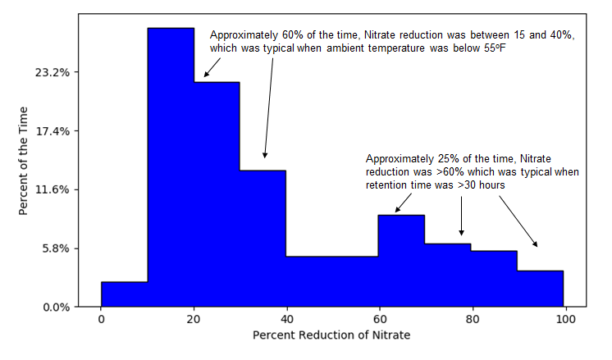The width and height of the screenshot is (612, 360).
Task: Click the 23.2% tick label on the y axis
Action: click(x=53, y=72)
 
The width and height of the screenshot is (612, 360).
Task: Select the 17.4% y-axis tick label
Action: click(x=53, y=131)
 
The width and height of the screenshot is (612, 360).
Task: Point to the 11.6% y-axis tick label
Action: click(x=53, y=190)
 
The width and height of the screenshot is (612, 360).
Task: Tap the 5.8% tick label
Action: click(x=56, y=248)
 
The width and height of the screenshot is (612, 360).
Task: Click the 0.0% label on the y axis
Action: click(x=57, y=308)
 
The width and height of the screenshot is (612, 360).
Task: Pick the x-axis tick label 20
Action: click(x=194, y=320)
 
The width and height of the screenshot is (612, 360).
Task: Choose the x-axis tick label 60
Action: click(x=379, y=320)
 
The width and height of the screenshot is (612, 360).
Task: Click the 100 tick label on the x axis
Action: click(x=565, y=320)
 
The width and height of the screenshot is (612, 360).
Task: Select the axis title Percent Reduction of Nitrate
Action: click(x=331, y=335)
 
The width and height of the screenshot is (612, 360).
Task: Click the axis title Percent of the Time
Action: click(x=23, y=161)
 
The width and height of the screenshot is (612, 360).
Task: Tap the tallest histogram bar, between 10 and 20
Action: click(x=171, y=167)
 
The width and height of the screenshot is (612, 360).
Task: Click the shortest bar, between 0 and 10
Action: click(x=125, y=294)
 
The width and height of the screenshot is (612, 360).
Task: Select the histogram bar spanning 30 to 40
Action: click(x=263, y=239)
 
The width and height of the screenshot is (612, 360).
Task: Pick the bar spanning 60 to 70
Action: click(x=401, y=261)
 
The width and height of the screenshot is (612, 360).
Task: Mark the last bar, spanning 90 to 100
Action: click(x=540, y=289)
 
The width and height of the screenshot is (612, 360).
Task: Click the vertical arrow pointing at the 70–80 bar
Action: click(x=461, y=216)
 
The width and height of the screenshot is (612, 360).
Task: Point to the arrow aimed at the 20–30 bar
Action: click(x=212, y=67)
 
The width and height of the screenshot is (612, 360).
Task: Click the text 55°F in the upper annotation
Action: click(x=495, y=48)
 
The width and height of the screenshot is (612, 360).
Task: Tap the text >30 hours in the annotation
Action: click(x=481, y=185)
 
